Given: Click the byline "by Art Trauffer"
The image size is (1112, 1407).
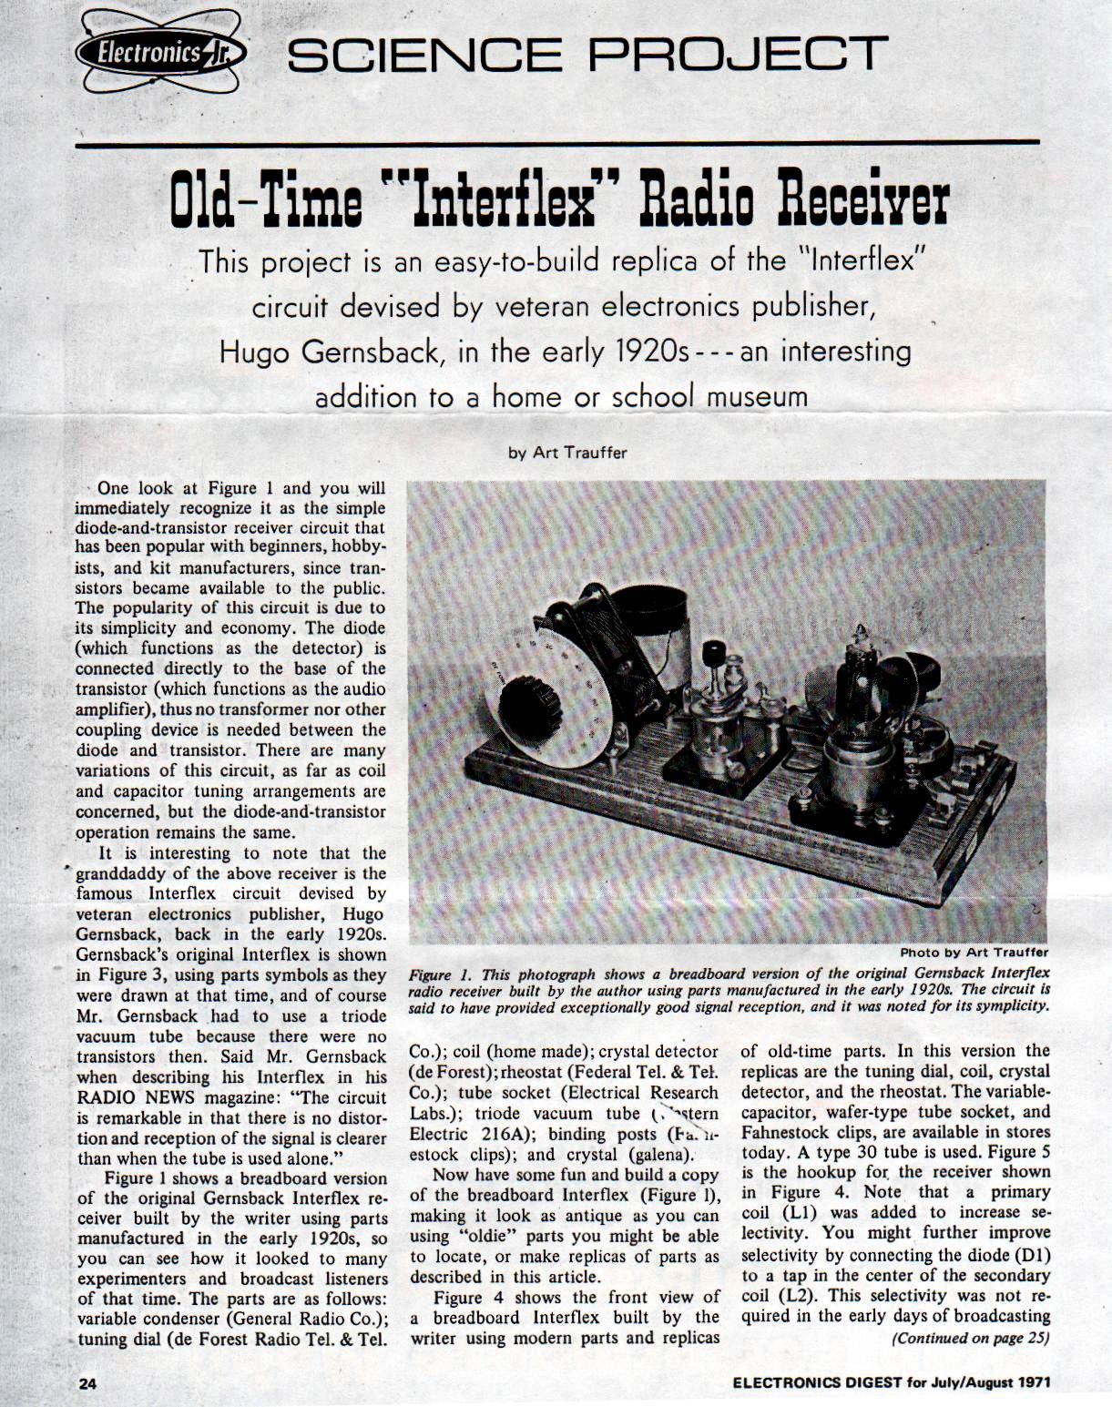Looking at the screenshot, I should (567, 453).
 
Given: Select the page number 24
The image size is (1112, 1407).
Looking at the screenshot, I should (87, 1382).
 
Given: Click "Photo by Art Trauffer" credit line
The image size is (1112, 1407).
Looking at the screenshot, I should (974, 953).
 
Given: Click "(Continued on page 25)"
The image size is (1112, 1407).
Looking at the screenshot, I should (971, 1338).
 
